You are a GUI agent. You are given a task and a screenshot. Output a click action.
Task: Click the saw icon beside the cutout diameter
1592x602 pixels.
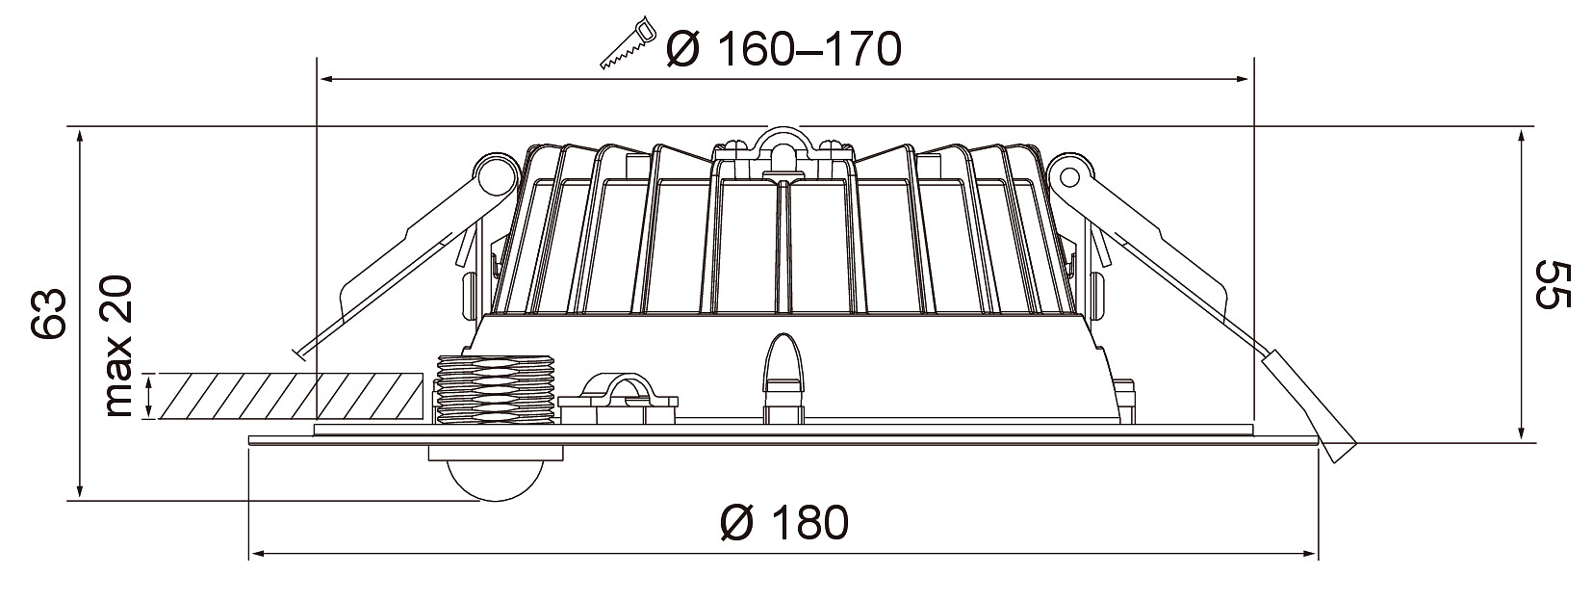click(627, 43)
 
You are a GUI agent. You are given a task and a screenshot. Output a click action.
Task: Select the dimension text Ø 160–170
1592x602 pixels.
click(784, 49)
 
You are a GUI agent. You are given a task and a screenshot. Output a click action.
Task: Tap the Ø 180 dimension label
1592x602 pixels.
click(784, 523)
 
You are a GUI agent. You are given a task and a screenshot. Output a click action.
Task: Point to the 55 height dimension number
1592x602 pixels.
click(1552, 285)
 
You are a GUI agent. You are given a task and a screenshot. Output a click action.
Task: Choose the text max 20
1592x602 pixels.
click(118, 346)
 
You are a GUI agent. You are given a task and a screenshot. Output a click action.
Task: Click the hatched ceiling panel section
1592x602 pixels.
click(292, 396)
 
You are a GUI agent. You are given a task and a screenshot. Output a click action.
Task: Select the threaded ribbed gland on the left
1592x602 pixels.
click(496, 390)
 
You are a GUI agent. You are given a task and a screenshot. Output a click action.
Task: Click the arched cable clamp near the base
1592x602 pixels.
click(618, 399)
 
